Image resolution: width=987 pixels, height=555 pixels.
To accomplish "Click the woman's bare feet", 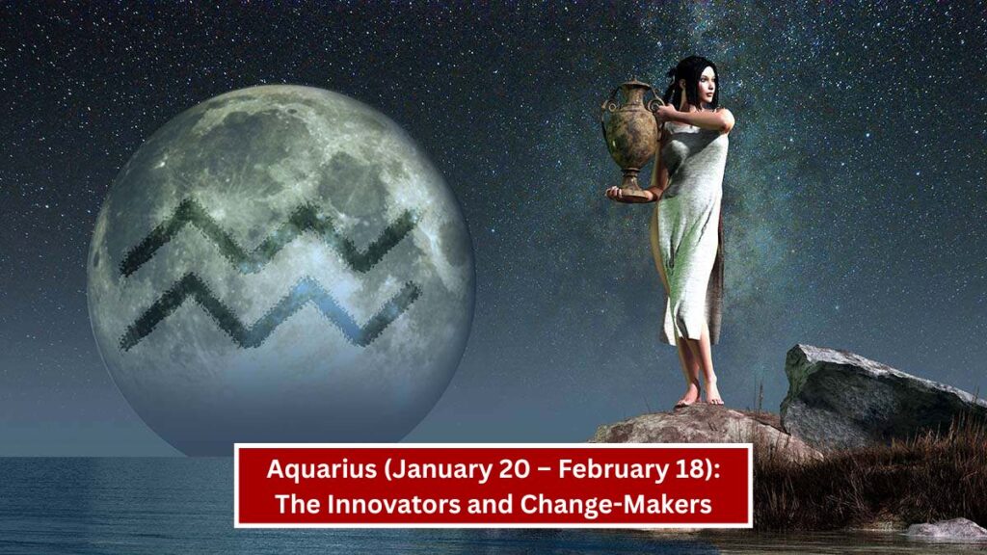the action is [700, 396].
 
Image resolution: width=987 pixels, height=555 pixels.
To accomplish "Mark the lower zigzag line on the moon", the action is [269, 312].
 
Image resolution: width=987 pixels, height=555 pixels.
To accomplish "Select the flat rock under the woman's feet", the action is [699, 428].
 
